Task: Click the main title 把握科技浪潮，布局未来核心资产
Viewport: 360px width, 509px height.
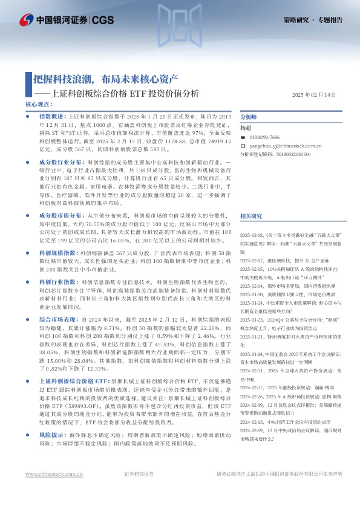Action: point(105,79)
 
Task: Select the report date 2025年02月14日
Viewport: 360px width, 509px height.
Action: point(313,95)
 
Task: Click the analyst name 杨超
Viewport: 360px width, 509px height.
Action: point(245,128)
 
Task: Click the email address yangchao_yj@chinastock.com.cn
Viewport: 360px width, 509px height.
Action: point(283,146)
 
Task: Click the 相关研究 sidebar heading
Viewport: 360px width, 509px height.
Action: point(250,216)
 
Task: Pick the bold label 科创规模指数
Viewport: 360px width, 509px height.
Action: point(59,250)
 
